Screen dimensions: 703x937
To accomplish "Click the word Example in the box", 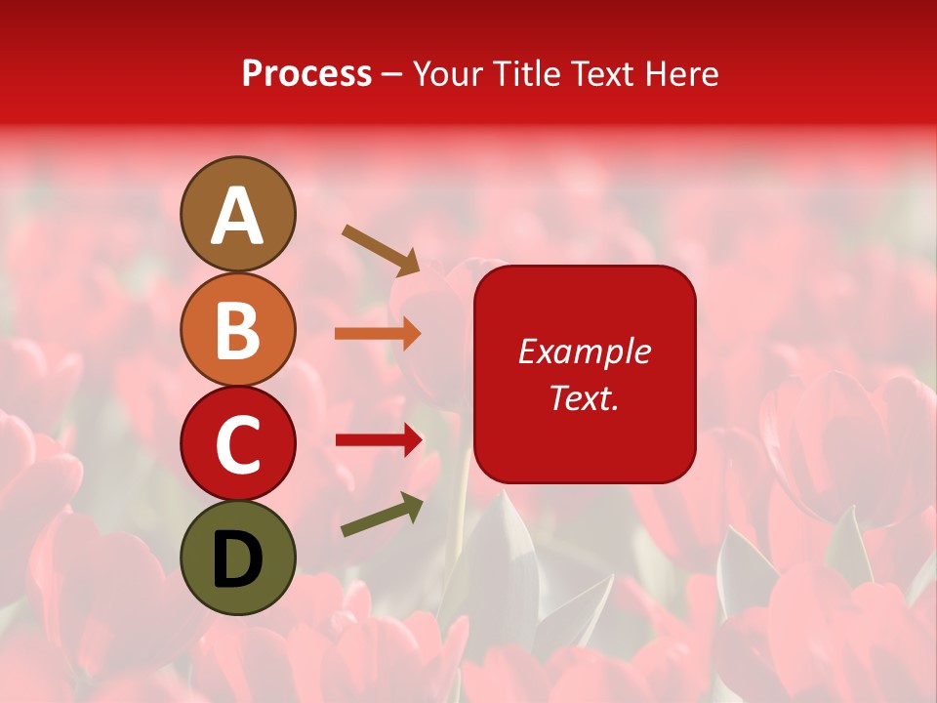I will click(x=585, y=351).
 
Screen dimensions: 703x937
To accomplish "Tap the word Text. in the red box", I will click(x=585, y=398).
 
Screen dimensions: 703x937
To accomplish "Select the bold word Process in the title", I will click(x=306, y=73).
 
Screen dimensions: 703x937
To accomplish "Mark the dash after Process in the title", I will click(x=392, y=75).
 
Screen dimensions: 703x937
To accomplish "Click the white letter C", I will click(x=237, y=444).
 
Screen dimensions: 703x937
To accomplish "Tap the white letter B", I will click(x=237, y=330).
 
